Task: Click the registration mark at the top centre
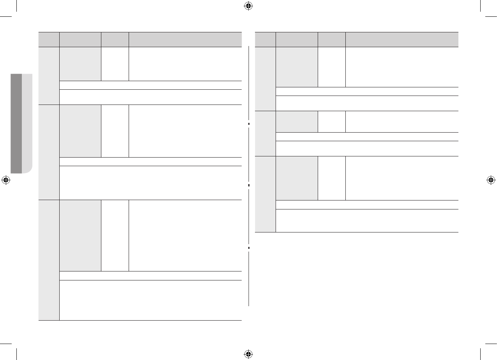coord(248,6)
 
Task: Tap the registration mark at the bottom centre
coord(248,354)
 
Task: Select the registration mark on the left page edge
coord(6,180)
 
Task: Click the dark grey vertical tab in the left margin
coord(16,123)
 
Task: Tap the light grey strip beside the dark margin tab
coord(27,123)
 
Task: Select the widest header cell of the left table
coord(185,39)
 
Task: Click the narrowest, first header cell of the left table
coord(49,39)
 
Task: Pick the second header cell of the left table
coord(80,39)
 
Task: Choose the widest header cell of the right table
coord(401,39)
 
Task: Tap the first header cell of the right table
coord(265,39)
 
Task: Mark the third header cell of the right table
coord(331,39)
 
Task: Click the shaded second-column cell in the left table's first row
coord(80,64)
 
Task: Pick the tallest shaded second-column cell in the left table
coord(80,235)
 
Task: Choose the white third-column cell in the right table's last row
coord(331,178)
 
